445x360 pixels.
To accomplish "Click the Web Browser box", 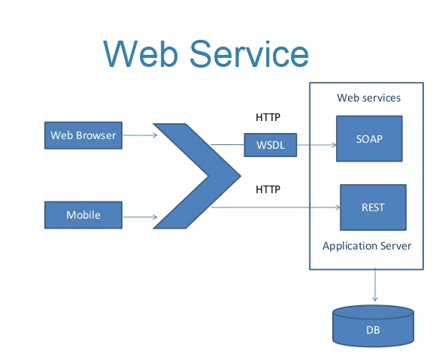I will pos(83,136).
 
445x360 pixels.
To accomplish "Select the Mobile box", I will pos(83,215).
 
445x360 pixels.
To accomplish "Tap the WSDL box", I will pos(271,144).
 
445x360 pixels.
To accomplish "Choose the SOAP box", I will pos(368,138).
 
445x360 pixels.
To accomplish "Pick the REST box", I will pos(373,207).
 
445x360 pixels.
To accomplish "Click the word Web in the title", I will pos(143,53).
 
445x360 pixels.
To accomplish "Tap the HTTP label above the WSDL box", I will pos(268,117).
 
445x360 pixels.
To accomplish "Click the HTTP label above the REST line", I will pos(268,189).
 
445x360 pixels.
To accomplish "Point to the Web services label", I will pos(368,98).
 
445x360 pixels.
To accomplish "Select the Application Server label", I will pos(367,246).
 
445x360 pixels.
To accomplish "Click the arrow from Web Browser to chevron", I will pos(140,136).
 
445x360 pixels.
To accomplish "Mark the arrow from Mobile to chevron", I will pos(140,217).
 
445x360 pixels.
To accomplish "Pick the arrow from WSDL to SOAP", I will pos(316,144).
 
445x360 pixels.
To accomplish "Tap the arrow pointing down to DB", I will pos(374,286).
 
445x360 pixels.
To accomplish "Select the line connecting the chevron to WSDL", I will pos(227,144).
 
